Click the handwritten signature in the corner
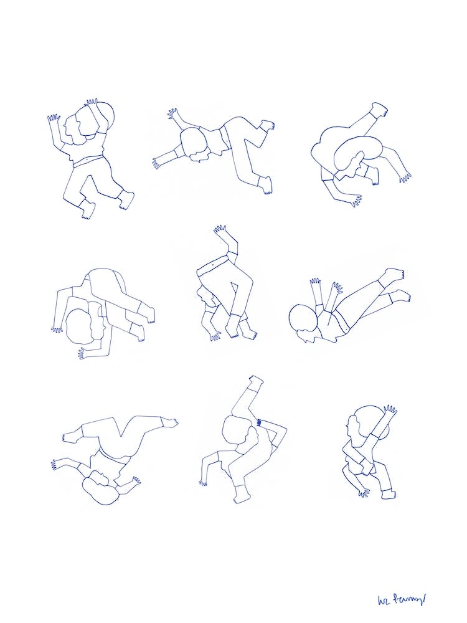click(x=401, y=599)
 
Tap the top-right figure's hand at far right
click(x=405, y=177)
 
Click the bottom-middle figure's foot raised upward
click(x=255, y=380)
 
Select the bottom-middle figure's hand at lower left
click(x=203, y=481)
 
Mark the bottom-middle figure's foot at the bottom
click(x=241, y=498)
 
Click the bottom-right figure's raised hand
click(x=390, y=412)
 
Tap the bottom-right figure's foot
click(x=387, y=494)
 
